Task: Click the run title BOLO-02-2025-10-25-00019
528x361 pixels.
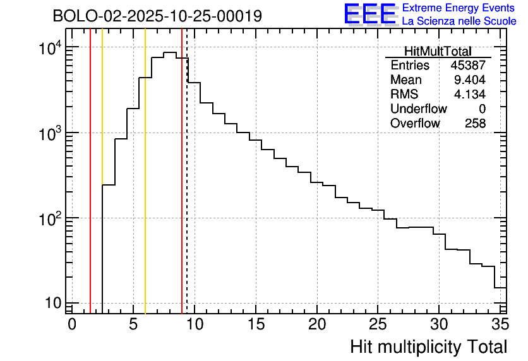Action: [157, 16]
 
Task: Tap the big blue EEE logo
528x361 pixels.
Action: [370, 15]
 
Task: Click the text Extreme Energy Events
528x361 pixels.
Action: [459, 8]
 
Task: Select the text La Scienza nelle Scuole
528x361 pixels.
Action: [459, 21]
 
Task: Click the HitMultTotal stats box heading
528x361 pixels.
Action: [438, 51]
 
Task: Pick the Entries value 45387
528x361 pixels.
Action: [468, 66]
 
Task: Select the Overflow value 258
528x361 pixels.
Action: [475, 124]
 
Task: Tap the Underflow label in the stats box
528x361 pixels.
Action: [418, 109]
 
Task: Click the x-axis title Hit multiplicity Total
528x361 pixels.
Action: [428, 346]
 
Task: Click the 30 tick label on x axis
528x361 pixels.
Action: [439, 324]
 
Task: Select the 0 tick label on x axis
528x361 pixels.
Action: [72, 324]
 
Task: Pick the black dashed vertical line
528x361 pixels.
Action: [187, 189]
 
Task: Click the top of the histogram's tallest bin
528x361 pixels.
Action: [169, 52]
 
